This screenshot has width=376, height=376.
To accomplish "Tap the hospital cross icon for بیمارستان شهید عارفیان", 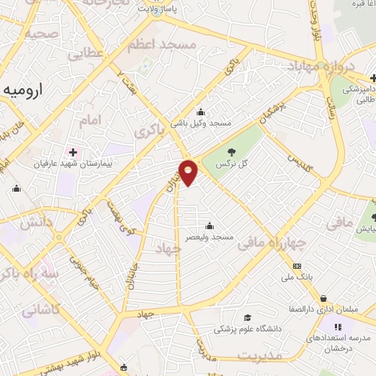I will click(x=73, y=151).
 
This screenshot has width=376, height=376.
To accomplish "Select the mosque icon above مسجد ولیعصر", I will click(x=211, y=225).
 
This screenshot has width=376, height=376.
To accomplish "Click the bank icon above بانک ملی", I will click(x=297, y=266).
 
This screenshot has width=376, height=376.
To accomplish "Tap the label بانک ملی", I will click(x=297, y=278).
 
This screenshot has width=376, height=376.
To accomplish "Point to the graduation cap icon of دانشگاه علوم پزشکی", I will click(x=247, y=318).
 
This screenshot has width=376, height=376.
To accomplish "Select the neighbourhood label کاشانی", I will click(x=40, y=311).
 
